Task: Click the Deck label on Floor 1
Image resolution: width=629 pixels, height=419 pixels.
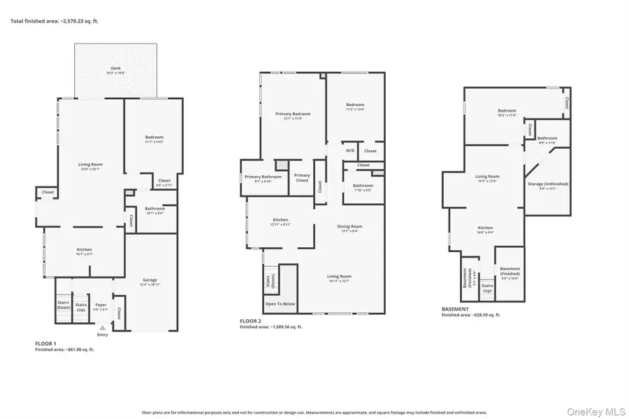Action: (115, 68)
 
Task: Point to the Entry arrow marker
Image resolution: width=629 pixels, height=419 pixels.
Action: (103, 327)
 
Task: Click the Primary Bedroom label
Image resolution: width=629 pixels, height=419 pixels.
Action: (292, 114)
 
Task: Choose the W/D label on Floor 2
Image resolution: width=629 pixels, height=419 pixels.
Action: (349, 151)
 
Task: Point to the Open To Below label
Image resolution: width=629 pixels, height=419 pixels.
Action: (280, 304)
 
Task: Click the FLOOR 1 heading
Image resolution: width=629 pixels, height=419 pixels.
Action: (45, 344)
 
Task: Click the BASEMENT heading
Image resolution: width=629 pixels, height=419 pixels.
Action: (455, 309)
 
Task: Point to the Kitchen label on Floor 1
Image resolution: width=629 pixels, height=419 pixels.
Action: (84, 250)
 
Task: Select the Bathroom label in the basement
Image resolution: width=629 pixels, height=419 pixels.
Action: (547, 138)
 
